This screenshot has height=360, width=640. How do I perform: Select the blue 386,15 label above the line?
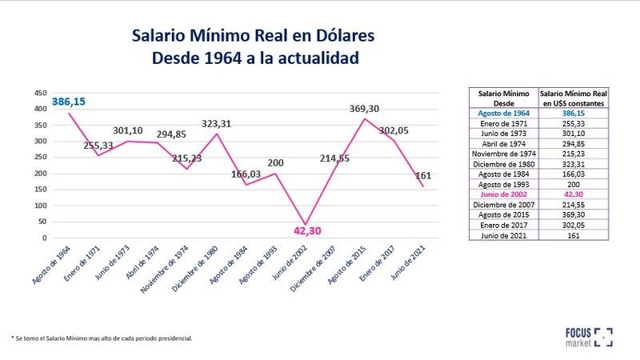[x=70, y=102]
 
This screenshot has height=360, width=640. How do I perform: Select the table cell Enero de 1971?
[x=502, y=124]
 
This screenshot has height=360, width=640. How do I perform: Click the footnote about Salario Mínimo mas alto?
[x=102, y=338]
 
